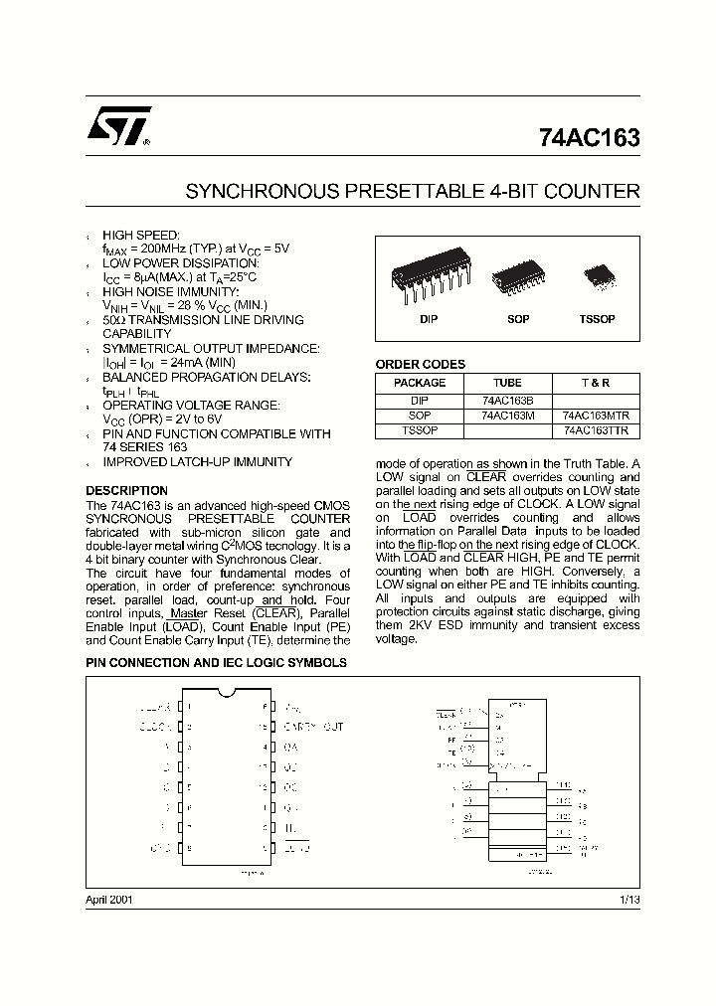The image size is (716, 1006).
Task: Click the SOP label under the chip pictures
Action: coord(518,319)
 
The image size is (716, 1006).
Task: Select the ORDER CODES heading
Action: coord(420,365)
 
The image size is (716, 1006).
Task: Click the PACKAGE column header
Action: coord(420,383)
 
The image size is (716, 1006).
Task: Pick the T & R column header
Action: coord(595,383)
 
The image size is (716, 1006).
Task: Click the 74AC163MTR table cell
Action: coord(595,416)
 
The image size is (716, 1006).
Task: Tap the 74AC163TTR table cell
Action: coord(595,430)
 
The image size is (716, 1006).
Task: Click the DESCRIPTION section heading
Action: coord(126,491)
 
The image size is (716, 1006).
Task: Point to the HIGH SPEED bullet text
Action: coord(141,235)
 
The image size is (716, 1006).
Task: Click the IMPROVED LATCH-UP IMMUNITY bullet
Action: coord(198,462)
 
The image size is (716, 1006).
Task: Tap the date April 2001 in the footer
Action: coord(109,899)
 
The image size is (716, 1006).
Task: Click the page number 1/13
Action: coord(628,899)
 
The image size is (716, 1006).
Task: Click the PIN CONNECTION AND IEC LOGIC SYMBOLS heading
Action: coord(216,662)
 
